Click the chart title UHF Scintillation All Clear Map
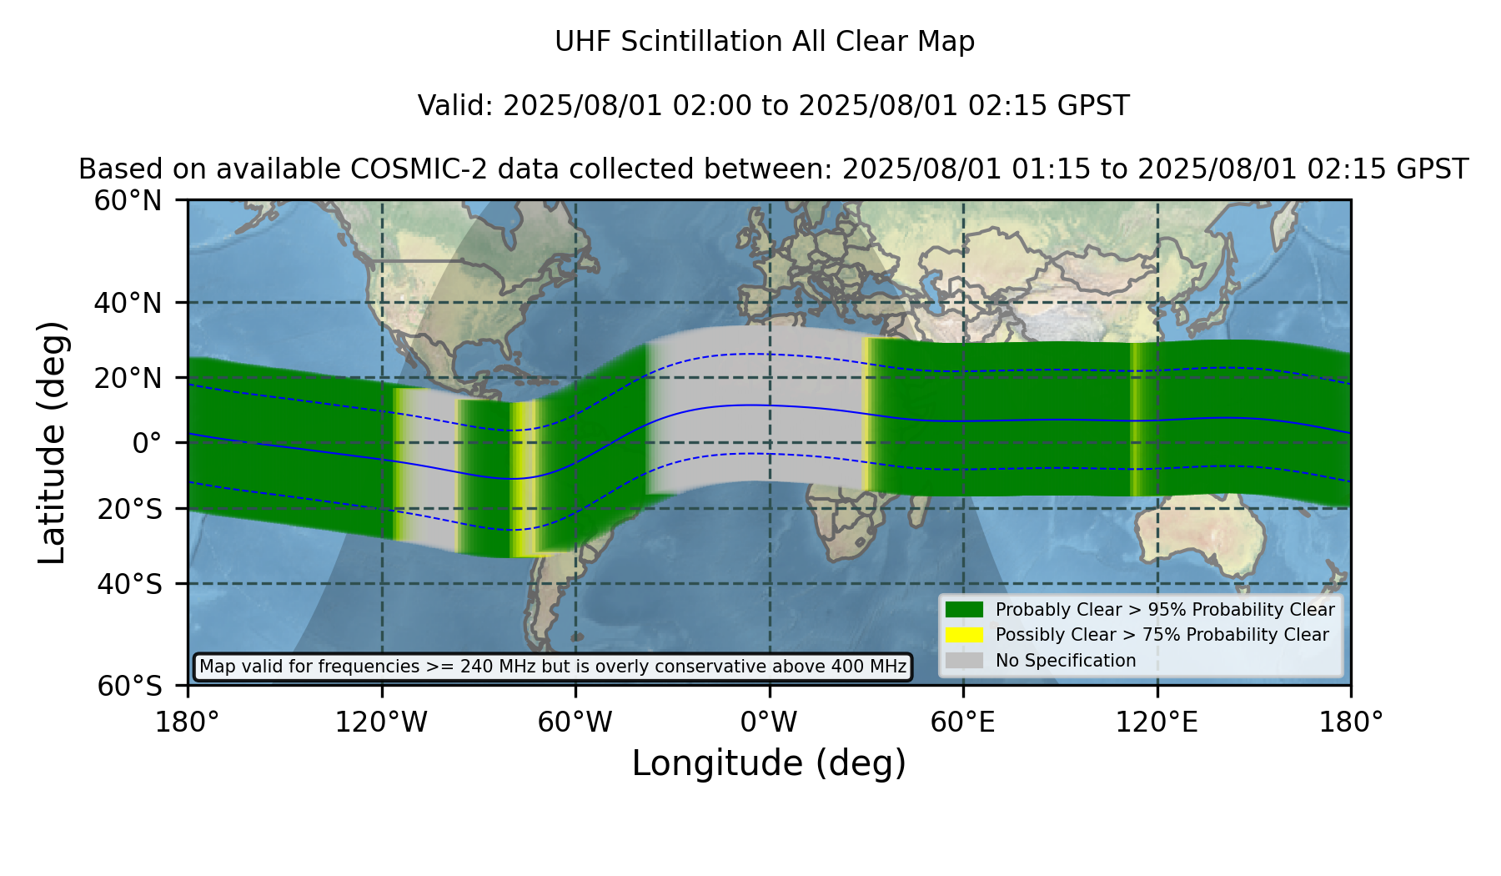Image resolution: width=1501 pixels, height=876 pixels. pos(765,42)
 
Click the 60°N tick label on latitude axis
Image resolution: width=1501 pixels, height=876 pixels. pos(128,201)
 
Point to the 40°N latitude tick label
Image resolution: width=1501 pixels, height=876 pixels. pos(128,303)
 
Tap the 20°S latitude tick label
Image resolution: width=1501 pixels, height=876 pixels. pos(130,509)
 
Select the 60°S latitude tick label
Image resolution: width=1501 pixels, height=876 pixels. pos(130,687)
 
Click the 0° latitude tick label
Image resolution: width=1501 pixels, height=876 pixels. pos(148,443)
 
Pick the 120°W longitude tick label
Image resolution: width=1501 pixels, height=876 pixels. pos(381,722)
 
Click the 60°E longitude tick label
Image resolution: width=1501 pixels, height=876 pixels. pos(963,722)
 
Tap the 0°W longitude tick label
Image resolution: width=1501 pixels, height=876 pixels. pos(769,722)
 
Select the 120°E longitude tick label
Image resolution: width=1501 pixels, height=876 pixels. pos(1157,722)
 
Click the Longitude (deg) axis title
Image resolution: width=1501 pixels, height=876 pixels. pos(769,763)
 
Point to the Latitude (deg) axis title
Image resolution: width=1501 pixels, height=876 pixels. pos(52,442)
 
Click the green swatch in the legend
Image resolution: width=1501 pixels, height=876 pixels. pos(965,610)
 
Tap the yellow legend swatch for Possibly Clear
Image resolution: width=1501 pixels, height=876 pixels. pos(965,635)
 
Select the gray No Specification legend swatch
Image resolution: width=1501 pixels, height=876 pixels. pos(965,661)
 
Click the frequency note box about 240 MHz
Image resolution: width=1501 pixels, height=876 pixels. pos(553,667)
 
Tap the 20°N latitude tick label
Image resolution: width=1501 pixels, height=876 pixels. pos(128,378)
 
